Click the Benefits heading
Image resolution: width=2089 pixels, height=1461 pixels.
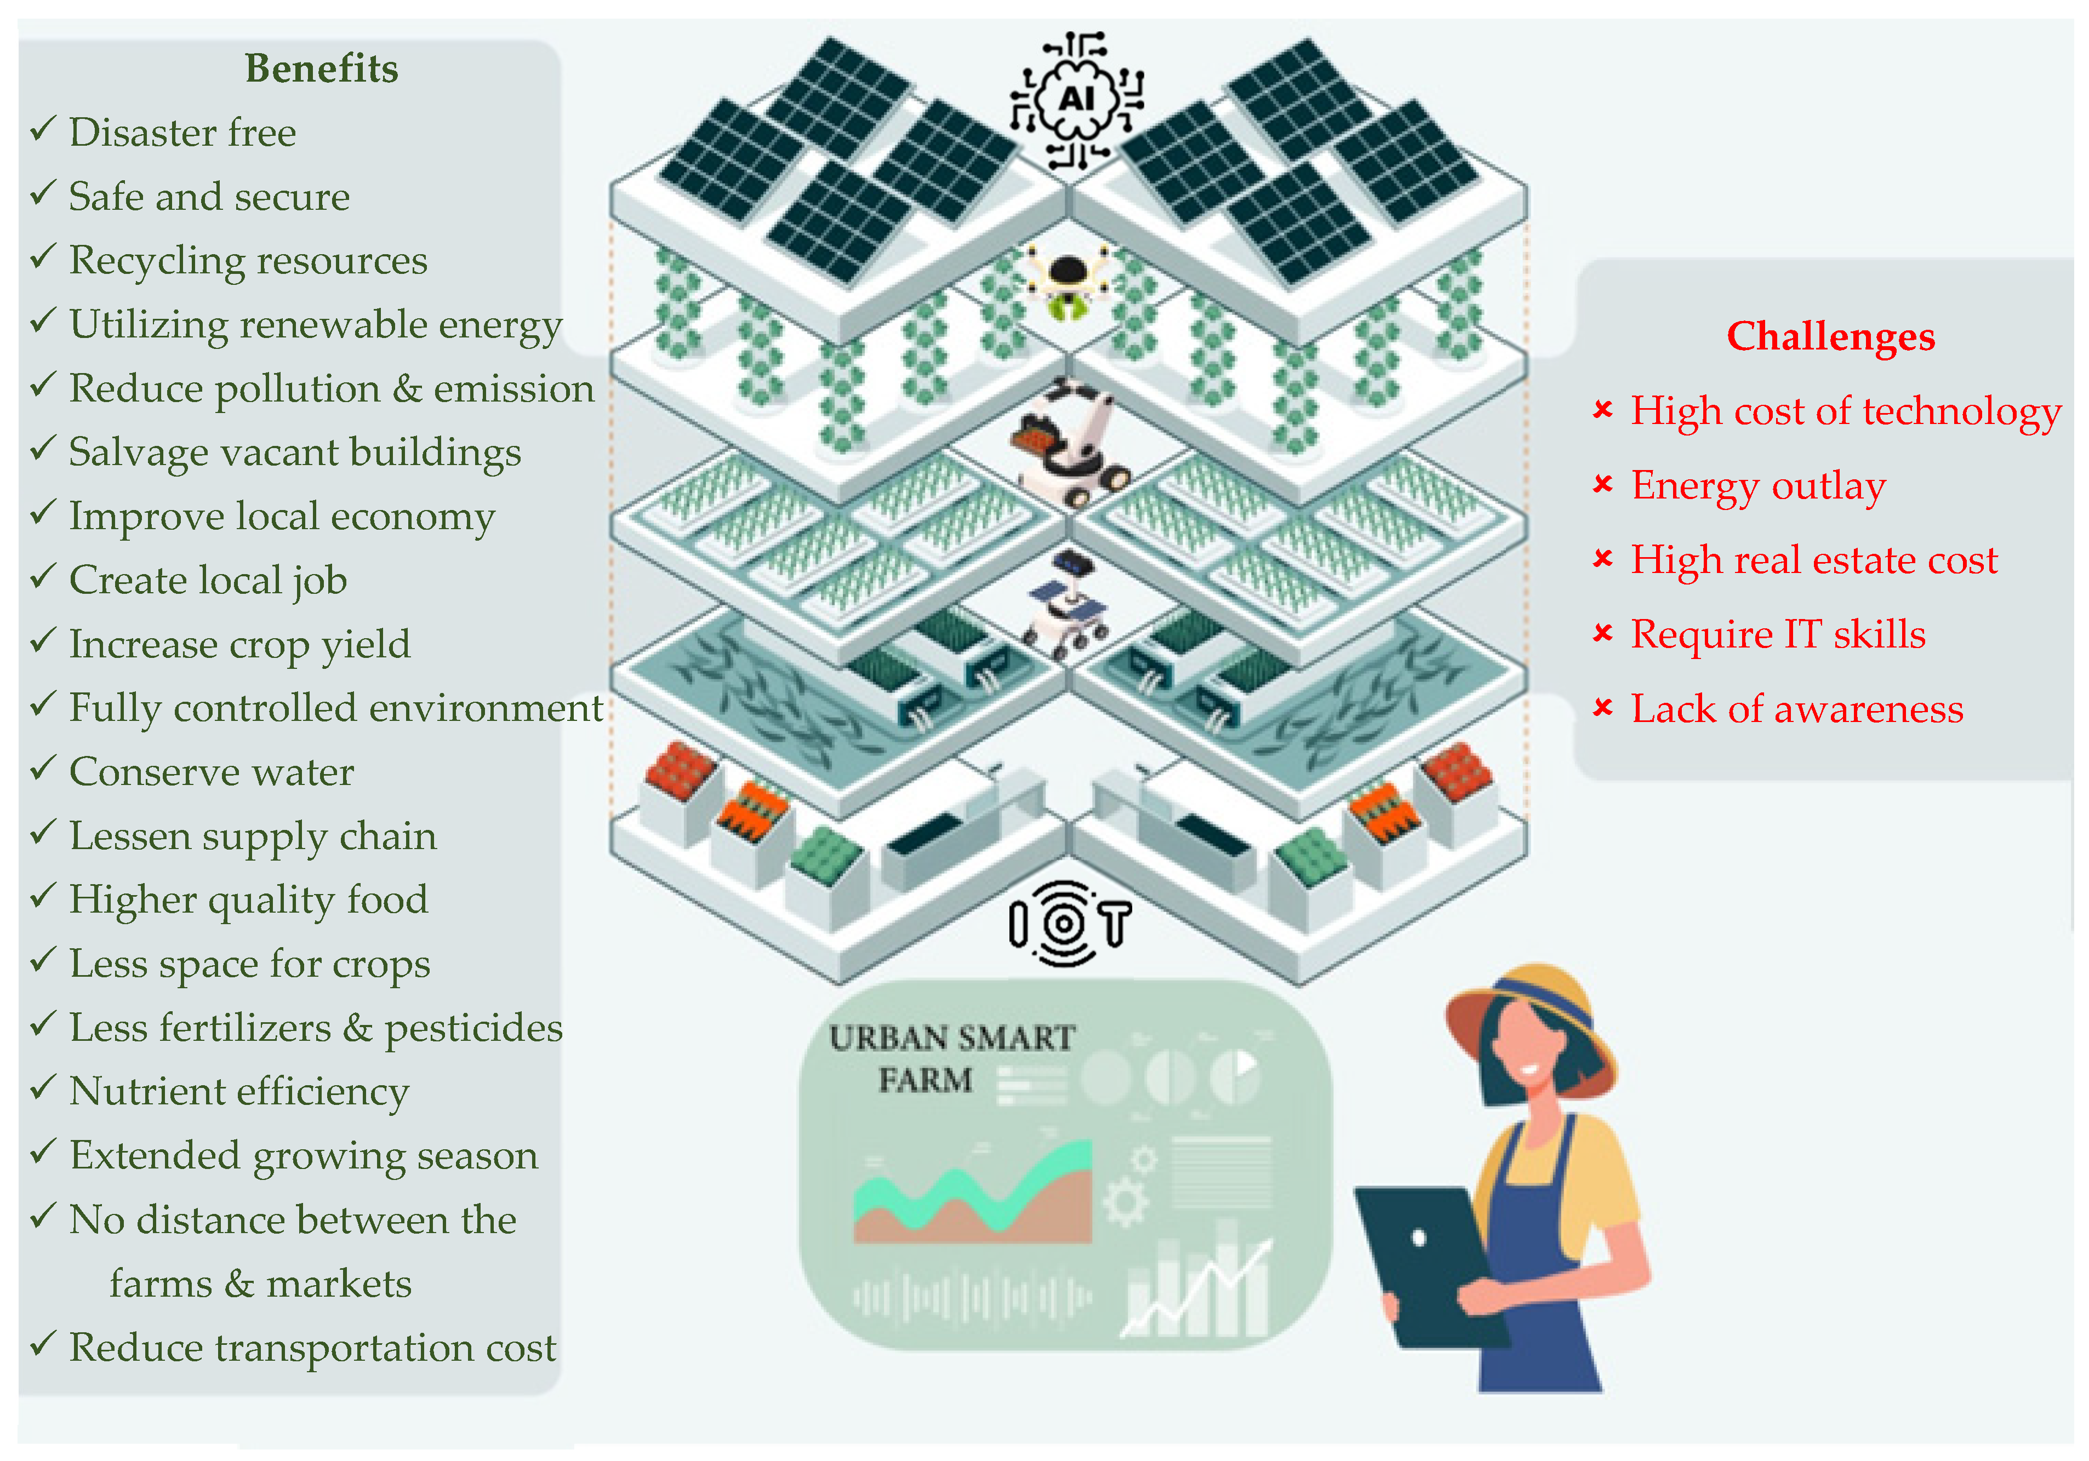pyautogui.click(x=321, y=69)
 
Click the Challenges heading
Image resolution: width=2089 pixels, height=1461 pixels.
pyautogui.click(x=1830, y=336)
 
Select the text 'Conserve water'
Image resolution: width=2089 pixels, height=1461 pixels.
pyautogui.click(x=211, y=772)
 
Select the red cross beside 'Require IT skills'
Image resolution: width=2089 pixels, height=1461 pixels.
pyautogui.click(x=1602, y=633)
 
